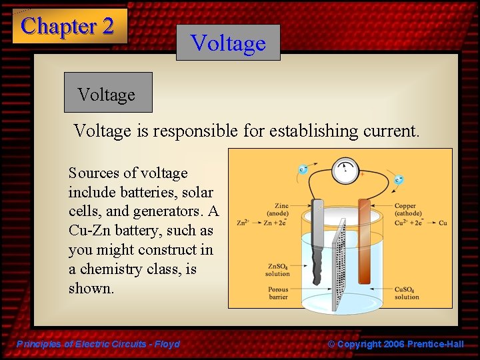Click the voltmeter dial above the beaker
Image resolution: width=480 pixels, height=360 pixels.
(345, 171)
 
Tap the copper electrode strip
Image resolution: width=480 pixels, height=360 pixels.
(364, 240)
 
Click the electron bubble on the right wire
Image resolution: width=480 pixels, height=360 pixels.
(399, 179)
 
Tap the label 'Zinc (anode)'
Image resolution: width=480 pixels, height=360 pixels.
(277, 209)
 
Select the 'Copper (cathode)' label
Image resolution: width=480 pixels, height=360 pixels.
(408, 209)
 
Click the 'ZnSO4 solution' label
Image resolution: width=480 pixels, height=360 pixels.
(278, 270)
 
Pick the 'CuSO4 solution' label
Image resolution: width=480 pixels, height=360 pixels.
(407, 293)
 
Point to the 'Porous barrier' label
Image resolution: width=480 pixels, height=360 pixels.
(278, 293)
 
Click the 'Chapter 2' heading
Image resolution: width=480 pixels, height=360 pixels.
(68, 27)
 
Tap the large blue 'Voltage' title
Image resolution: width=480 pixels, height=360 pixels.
(228, 43)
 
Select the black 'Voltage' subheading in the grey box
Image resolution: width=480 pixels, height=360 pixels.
(107, 95)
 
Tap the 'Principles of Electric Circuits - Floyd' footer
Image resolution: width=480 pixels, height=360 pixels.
(99, 344)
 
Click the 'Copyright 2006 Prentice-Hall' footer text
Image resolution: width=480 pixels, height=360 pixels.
(400, 344)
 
